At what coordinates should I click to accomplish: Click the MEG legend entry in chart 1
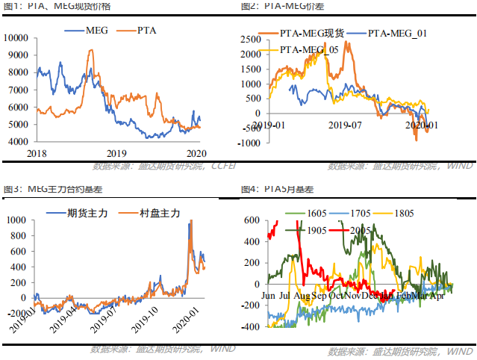[x=96, y=31]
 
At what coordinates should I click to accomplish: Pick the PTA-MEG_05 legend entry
[x=309, y=49]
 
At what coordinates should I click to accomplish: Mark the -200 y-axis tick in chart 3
[x=17, y=327]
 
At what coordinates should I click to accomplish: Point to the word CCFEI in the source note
[x=222, y=166]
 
